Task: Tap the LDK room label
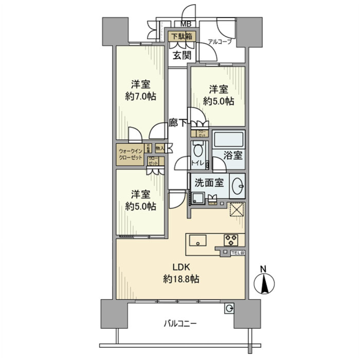click(182, 267)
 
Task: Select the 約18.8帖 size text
click(181, 279)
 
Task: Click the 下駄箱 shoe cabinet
click(182, 36)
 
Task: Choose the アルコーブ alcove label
click(220, 42)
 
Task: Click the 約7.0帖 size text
click(141, 96)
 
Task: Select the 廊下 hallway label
click(177, 123)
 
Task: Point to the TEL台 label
click(237, 253)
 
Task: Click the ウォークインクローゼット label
click(130, 154)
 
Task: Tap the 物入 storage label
click(160, 148)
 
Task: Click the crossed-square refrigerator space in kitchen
click(237, 209)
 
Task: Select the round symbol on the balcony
click(228, 308)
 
